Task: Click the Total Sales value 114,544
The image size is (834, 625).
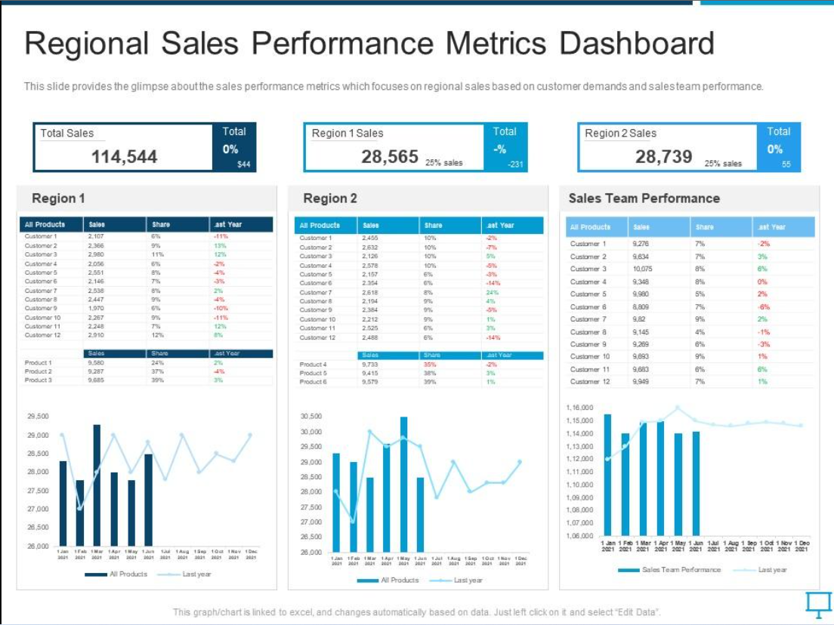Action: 124,156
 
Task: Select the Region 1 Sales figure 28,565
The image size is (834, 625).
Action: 389,156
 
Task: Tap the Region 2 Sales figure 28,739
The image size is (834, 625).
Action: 663,156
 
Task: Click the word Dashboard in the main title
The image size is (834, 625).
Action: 636,44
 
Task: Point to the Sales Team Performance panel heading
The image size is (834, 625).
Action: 644,198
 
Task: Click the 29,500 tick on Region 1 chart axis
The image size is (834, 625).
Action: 38,416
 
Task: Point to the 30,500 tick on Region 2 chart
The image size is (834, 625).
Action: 310,416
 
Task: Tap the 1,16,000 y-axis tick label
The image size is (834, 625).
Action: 579,407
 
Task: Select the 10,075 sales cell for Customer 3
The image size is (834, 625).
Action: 642,269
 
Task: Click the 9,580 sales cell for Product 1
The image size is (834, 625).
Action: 96,362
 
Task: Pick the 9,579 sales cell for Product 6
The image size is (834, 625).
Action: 370,382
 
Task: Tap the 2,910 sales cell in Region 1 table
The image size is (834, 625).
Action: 96,335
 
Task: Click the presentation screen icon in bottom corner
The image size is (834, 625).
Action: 814,603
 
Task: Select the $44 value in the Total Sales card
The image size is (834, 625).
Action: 243,165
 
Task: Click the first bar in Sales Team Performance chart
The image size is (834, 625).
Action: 607,474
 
